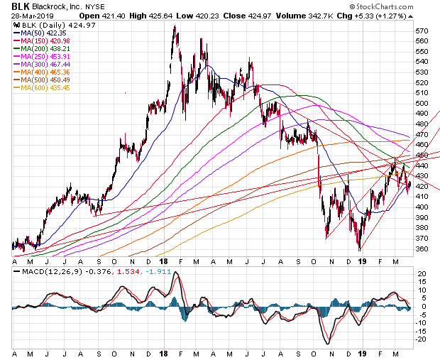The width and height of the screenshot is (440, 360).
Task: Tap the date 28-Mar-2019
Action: pos(26,15)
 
